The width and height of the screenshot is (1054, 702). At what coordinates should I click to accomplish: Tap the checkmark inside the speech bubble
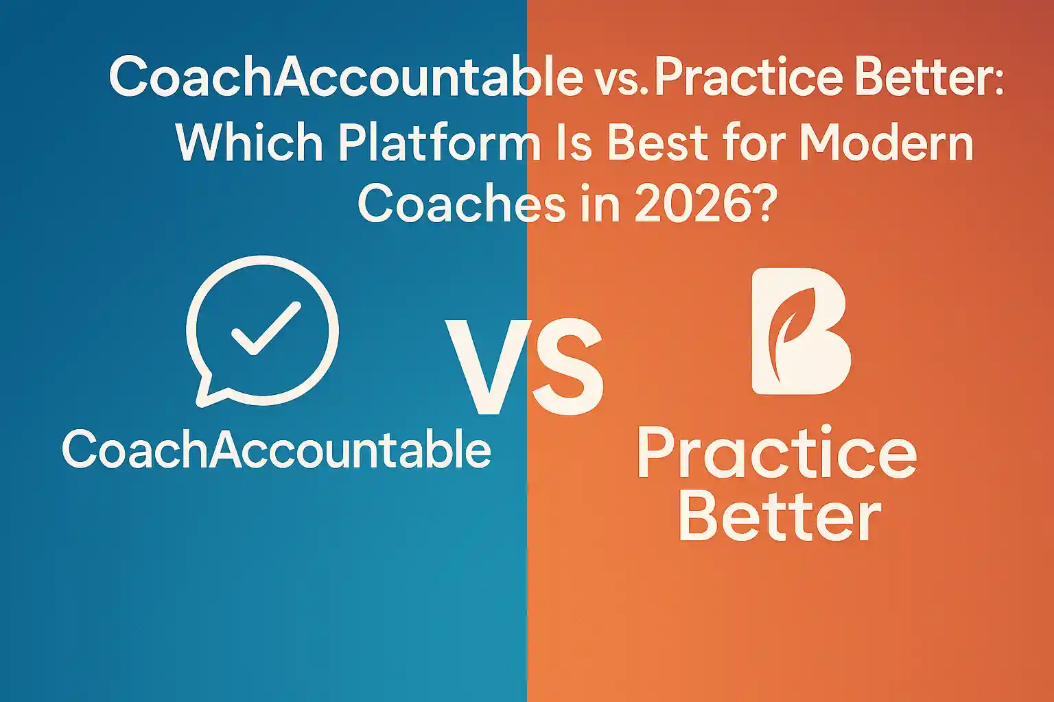(266, 328)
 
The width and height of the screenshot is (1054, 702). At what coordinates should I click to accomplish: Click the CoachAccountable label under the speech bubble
(277, 448)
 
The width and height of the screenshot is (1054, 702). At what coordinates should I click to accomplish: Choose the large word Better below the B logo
(780, 516)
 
